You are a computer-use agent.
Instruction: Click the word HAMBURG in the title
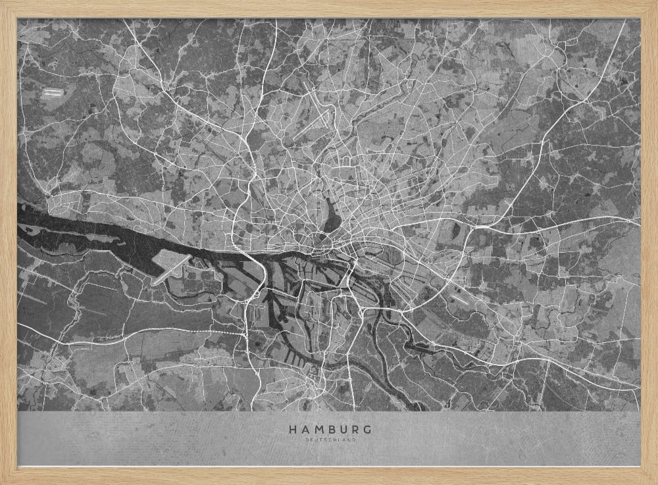coord(328,429)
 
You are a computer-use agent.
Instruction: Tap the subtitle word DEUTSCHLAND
coord(328,439)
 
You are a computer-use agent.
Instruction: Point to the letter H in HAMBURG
coord(291,429)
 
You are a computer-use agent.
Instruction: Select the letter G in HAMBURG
coord(366,429)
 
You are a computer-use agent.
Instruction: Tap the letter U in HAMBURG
coord(342,429)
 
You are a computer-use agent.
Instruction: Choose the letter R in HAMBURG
coord(353,429)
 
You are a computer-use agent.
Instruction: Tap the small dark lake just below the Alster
coord(324,238)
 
